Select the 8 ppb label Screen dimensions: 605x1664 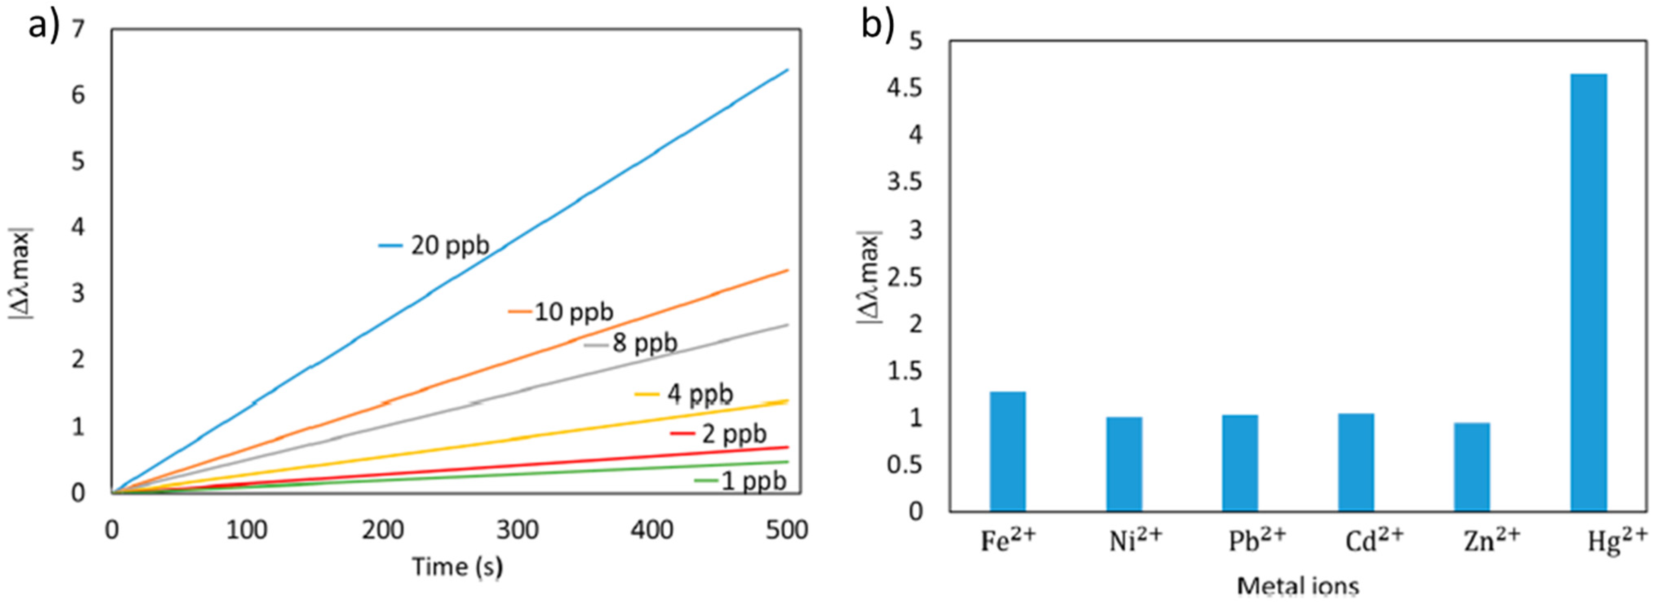tap(644, 343)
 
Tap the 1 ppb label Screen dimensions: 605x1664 tap(753, 481)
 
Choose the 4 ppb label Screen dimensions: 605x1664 tap(700, 393)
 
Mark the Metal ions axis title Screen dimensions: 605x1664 tap(1298, 586)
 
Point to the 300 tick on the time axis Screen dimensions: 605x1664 tap(517, 530)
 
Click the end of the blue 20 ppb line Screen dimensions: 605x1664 tap(787, 70)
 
